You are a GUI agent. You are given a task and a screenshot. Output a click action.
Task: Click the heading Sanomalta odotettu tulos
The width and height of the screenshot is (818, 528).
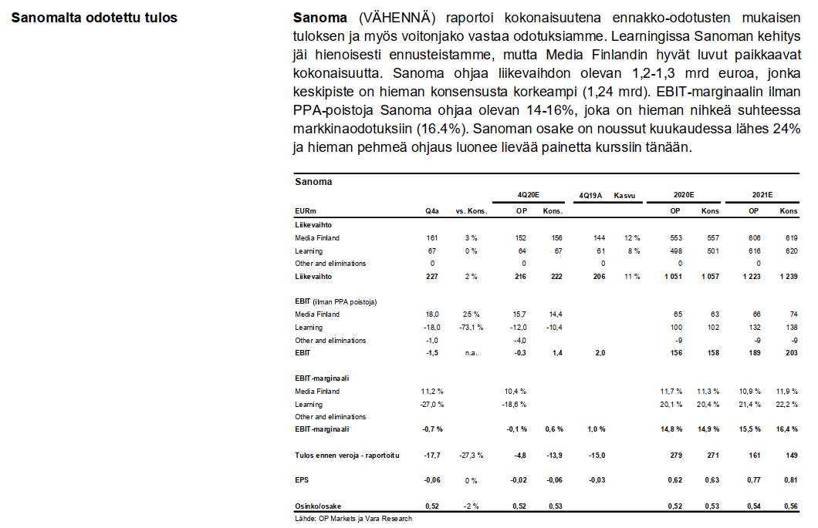[x=94, y=17]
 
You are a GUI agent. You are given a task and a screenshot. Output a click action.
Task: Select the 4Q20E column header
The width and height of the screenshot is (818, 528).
[x=529, y=196]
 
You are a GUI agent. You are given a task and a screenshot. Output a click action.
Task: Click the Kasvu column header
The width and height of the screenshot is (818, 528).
[x=624, y=196]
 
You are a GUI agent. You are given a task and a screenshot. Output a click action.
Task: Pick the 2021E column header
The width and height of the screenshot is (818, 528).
[x=763, y=196]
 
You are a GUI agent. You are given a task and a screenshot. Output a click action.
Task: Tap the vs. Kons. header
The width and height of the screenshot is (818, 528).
[x=470, y=211]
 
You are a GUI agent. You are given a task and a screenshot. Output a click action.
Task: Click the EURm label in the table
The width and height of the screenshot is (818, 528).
[x=306, y=211]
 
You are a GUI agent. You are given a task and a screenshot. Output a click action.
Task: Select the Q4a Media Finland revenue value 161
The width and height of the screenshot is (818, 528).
[x=432, y=238]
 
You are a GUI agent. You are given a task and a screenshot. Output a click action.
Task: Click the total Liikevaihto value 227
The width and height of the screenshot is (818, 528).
[x=432, y=276]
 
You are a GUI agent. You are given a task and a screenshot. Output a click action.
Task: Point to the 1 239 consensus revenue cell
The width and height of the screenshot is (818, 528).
[x=786, y=276]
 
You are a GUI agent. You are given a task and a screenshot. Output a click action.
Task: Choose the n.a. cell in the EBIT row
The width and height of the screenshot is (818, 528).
[x=470, y=352]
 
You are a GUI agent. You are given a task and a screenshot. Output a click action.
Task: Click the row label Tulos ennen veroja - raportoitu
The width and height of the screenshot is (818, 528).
[x=346, y=455]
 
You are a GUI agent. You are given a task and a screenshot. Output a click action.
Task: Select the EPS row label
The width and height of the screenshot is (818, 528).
[x=302, y=479]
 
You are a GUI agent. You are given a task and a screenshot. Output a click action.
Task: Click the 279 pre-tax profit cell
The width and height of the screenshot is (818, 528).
[x=676, y=455]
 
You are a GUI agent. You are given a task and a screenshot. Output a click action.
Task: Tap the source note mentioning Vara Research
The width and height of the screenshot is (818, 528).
[x=353, y=519]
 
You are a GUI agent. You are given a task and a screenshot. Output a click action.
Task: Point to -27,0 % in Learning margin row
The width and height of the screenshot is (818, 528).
[x=432, y=404]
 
